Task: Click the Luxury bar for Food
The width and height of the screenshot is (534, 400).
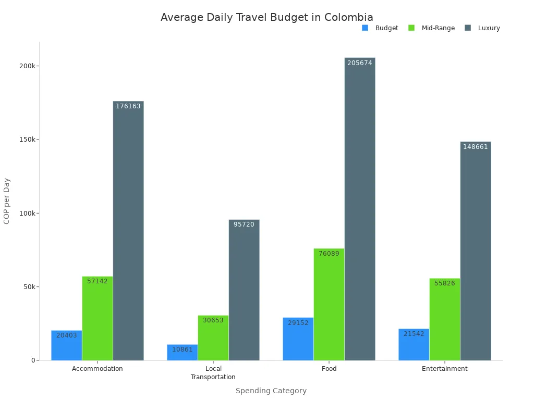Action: click(360, 208)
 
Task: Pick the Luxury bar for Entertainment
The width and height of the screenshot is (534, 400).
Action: click(476, 251)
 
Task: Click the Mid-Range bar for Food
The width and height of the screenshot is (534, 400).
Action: click(329, 304)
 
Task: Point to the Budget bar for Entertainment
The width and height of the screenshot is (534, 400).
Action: click(414, 344)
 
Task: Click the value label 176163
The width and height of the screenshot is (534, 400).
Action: click(128, 106)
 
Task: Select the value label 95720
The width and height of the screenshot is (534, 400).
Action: click(244, 224)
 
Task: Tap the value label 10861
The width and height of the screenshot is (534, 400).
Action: click(183, 349)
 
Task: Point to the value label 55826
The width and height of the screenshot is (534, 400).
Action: click(445, 283)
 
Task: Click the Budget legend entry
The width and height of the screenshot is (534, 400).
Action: click(380, 28)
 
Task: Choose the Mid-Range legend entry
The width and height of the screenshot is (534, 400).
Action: click(432, 28)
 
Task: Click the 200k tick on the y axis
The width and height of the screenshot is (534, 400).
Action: click(27, 66)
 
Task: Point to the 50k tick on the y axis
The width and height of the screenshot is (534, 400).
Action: click(28, 287)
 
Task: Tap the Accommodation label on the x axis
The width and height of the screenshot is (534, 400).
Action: click(98, 369)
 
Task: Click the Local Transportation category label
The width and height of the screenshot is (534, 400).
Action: click(213, 373)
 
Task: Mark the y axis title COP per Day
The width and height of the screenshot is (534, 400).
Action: click(7, 201)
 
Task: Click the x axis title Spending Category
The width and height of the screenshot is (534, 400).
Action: click(271, 391)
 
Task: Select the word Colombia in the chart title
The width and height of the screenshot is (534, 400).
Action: click(349, 17)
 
